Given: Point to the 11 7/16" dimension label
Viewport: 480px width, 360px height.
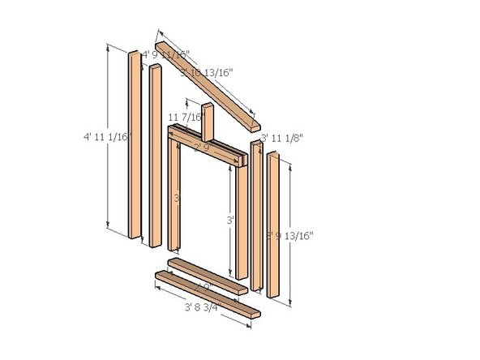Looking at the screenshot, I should click(184, 118).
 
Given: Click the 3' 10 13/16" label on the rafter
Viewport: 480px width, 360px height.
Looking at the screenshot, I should click(208, 73).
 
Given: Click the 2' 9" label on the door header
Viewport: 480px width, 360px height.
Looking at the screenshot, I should click(201, 148).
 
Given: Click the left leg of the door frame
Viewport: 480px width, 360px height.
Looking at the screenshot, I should click(174, 195).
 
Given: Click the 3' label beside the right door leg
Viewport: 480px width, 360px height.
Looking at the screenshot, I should click(230, 219).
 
